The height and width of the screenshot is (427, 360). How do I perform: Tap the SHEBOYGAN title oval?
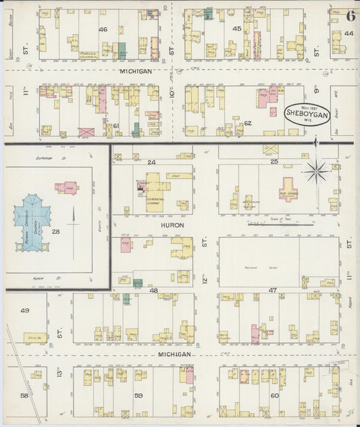[x=307, y=114]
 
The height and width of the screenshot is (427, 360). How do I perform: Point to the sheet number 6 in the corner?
[x=351, y=16]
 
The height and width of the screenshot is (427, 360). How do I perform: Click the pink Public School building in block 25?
[x=288, y=189]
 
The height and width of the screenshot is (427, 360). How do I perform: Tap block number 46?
[x=103, y=29]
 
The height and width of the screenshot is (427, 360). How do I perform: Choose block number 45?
[x=236, y=28]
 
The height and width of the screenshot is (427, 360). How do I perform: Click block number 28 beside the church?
[x=56, y=232]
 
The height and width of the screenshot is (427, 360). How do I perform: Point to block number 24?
[x=151, y=162]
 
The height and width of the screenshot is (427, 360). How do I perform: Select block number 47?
[x=274, y=289]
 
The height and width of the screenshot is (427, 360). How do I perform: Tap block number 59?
[x=138, y=396]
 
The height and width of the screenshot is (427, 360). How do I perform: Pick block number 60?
[x=274, y=396]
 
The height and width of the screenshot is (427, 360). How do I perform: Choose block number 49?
[x=25, y=311]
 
